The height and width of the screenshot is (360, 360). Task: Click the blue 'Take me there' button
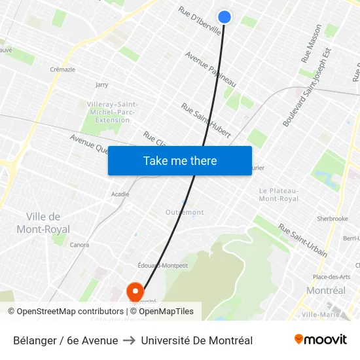coord(180,160)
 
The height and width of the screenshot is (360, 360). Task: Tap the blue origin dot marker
coord(225,17)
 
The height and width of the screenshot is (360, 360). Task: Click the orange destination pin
coord(135,292)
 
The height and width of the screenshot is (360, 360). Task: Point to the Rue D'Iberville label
coord(200,22)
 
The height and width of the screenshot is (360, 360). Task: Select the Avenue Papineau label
coord(210,70)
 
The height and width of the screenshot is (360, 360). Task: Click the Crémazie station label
coord(62,69)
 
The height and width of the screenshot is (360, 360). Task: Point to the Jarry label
coord(101,84)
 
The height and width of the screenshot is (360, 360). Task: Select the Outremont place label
coord(185,212)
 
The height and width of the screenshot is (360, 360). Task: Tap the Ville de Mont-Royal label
coord(43,223)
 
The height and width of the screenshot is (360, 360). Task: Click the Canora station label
coord(79,245)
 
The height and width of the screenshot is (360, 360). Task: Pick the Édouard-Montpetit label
coord(163,265)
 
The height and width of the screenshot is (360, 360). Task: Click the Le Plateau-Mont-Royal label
coord(279,194)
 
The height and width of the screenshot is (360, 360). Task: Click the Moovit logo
coord(321,340)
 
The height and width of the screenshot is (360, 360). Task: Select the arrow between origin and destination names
coord(129,340)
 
